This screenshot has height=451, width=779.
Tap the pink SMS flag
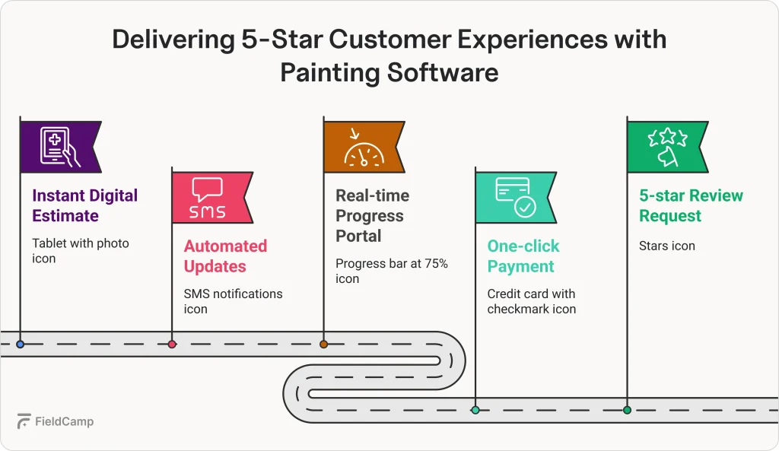[x=212, y=198]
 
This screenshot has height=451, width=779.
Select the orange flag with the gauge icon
[x=364, y=147]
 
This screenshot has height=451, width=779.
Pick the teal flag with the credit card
[x=516, y=198]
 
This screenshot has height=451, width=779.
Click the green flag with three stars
[x=667, y=147]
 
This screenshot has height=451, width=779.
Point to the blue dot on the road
[x=21, y=345]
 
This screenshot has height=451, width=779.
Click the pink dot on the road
[x=172, y=345]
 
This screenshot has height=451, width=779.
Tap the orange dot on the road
[x=323, y=345]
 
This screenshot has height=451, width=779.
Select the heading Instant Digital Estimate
[x=85, y=205]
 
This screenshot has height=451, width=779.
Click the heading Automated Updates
[x=225, y=256]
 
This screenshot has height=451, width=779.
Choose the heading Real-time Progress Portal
[x=373, y=215]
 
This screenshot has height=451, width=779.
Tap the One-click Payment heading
[x=523, y=256]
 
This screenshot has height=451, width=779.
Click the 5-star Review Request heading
[x=691, y=205]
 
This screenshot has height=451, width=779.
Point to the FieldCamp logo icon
[x=24, y=421]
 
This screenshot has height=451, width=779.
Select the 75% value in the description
[x=436, y=263]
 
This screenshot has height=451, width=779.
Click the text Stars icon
[x=666, y=246]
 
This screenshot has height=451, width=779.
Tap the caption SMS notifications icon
[x=233, y=301]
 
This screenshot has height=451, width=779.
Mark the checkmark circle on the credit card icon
[x=525, y=207]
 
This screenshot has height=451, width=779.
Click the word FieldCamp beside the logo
[x=64, y=421]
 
